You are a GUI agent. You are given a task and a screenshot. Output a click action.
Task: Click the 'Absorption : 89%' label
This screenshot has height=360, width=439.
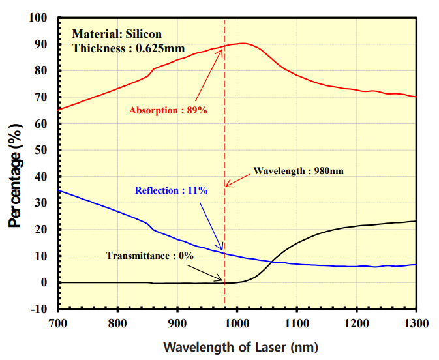168,110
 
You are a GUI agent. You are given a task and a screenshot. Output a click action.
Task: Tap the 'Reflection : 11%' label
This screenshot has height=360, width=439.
171,190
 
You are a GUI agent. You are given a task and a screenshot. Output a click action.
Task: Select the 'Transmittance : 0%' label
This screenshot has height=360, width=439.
150,256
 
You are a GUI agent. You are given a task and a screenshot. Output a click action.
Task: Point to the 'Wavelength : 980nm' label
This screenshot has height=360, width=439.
298,172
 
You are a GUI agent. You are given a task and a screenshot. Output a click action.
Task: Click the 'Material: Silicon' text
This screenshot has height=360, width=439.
117,33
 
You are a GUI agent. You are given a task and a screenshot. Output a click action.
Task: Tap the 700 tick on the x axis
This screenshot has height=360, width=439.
58,323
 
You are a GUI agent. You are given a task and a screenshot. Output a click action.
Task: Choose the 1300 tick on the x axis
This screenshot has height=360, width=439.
416,323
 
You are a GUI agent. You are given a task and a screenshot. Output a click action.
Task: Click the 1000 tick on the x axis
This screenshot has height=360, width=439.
237,323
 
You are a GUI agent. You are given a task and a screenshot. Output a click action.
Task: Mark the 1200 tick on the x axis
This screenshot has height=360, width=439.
356,323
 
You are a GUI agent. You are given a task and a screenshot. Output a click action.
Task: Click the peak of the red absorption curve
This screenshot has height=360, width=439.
243,43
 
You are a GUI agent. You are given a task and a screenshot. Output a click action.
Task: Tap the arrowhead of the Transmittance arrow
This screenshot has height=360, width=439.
222,280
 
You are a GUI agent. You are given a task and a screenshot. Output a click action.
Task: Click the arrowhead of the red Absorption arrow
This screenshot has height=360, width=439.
222,48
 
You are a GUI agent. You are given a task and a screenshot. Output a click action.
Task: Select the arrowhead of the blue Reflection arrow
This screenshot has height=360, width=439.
222,250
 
